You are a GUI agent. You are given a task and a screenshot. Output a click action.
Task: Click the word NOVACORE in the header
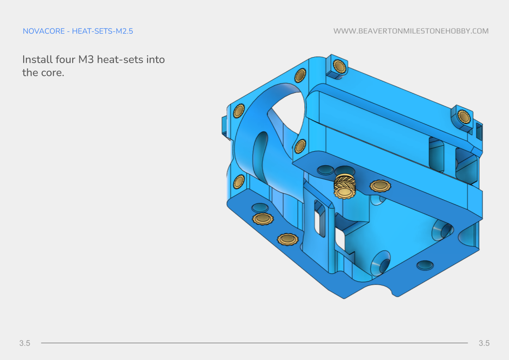point(44,31)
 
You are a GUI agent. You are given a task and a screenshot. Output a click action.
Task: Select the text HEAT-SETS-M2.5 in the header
point(102,31)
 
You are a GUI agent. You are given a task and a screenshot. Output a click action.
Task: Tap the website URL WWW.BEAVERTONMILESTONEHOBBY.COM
point(411,31)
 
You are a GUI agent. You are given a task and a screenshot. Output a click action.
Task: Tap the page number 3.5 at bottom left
point(25,343)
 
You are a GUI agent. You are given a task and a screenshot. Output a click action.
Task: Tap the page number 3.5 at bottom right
point(484,343)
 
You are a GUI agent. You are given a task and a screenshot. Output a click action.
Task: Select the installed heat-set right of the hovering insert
point(380,185)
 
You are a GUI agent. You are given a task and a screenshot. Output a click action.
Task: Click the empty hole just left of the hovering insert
point(325,170)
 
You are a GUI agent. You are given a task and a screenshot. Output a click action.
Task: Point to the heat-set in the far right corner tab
point(463,117)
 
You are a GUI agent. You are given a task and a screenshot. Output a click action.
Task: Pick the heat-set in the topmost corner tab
point(338,67)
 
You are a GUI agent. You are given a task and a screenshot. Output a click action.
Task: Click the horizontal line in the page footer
point(254,343)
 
